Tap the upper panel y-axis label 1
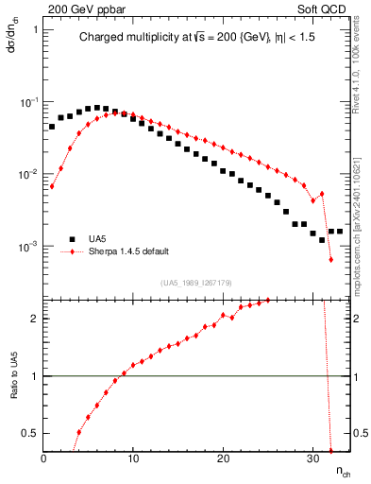coord(35,28)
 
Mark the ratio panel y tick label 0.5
coord(32,433)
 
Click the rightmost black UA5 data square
coord(340,231)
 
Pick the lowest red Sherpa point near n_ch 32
coord(331,259)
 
